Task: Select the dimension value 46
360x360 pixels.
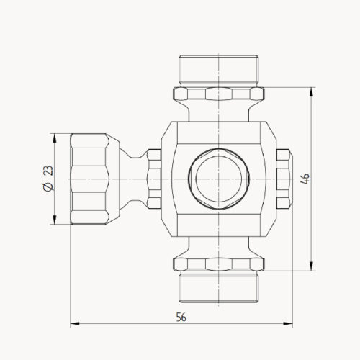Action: point(306,179)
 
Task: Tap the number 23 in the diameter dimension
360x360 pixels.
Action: point(48,171)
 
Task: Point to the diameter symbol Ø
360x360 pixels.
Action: point(48,187)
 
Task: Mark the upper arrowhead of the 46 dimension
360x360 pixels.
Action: point(312,91)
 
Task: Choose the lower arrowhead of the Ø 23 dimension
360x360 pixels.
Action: point(55,221)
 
